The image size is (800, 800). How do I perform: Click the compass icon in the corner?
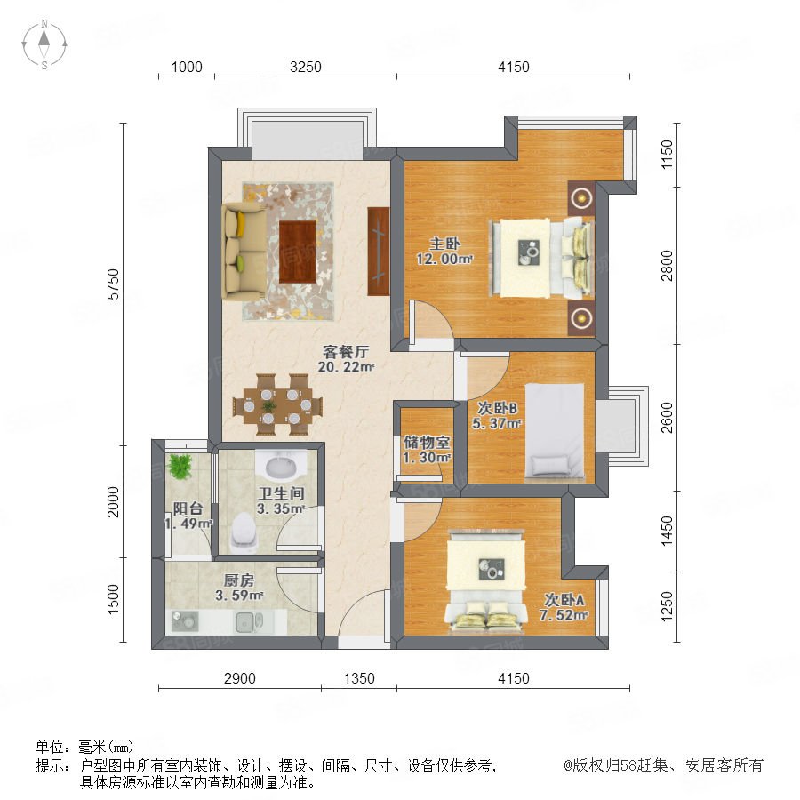point(44,44)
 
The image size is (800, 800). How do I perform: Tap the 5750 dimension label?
point(113,284)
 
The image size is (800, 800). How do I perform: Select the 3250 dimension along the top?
point(306,67)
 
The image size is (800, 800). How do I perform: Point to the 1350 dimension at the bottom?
point(359,678)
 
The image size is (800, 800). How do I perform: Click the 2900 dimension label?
point(240,678)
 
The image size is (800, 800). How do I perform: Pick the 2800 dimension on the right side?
point(667,265)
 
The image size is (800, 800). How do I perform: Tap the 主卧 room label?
point(444,243)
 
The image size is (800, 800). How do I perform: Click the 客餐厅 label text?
point(346,351)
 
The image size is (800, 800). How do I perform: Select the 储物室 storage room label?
point(427,442)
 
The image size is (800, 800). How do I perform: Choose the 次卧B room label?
point(498,408)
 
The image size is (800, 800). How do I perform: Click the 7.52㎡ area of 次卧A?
point(564,615)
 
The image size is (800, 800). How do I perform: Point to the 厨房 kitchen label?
point(239,580)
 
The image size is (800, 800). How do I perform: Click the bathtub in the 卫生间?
point(280,465)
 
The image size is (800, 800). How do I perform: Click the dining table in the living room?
point(277,404)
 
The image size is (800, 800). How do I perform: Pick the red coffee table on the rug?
point(298,251)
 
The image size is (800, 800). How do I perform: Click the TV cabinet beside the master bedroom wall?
point(378,251)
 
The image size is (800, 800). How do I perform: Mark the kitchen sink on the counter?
point(249,622)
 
